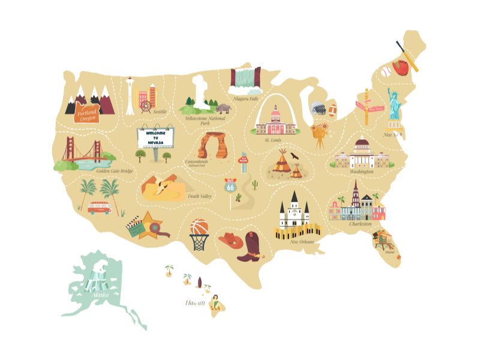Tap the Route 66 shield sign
click(x=229, y=187)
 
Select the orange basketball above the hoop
click(x=199, y=228)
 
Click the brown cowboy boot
click(x=248, y=247)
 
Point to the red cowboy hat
click(x=229, y=240)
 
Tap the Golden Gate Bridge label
click(x=114, y=171)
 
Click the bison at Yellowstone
click(x=224, y=109)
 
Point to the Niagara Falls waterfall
click(x=246, y=78)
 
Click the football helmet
click(x=317, y=109)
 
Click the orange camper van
click(x=99, y=208)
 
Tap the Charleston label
click(x=361, y=224)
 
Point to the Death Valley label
click(x=200, y=196)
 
